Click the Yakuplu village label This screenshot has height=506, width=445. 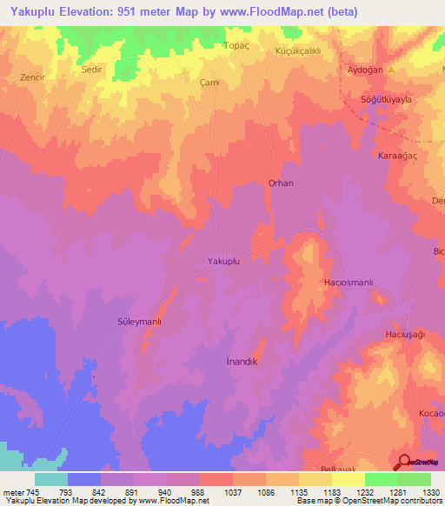point(223,261)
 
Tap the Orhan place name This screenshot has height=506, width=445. point(281,183)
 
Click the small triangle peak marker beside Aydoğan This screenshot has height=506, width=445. point(392,70)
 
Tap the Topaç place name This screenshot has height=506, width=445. point(236,45)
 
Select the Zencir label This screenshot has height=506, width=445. point(32,77)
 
